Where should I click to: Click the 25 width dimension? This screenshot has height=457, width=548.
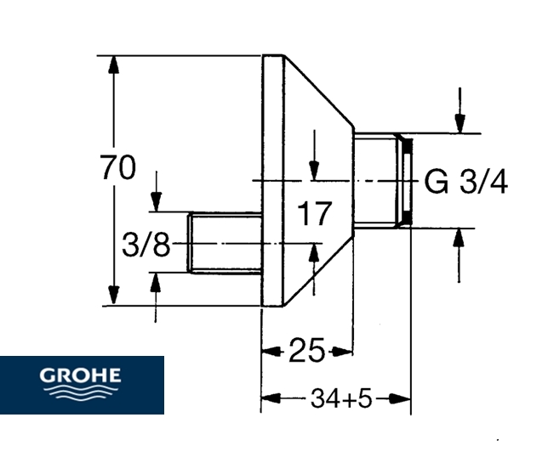click(307, 350)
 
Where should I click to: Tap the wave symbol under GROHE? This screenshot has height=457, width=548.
click(82, 392)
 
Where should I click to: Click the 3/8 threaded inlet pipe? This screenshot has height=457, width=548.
click(225, 242)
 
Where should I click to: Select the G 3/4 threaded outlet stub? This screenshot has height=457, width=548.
click(378, 180)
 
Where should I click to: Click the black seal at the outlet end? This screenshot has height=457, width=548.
click(407, 180)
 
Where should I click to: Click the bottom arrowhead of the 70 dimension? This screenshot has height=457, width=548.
click(113, 296)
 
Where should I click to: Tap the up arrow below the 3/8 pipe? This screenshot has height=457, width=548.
click(156, 283)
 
